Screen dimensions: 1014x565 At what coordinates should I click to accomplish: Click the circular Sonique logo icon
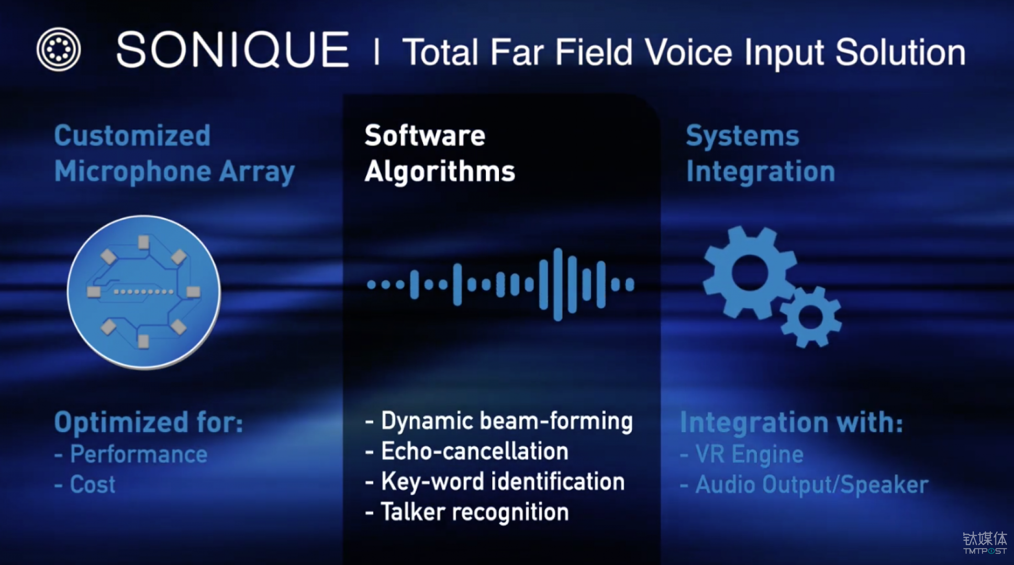59,49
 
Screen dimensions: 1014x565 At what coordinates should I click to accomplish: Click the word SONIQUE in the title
232,50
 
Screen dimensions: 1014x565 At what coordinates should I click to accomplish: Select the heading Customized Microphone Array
174,154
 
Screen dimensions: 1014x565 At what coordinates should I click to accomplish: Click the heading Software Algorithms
440,154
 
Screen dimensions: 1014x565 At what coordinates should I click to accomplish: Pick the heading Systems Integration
760,154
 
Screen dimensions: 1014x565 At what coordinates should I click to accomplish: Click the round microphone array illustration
144,292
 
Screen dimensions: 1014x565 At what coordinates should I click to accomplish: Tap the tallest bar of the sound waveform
558,284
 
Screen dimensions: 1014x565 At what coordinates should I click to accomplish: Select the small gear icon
810,317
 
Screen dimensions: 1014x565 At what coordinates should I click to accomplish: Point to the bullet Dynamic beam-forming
499,422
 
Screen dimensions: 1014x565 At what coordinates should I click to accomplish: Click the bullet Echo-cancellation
466,451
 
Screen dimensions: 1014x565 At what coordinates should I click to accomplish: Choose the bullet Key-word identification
495,482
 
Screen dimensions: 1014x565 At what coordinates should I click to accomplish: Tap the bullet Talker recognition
466,512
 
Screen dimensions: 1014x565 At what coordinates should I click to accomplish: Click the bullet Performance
131,454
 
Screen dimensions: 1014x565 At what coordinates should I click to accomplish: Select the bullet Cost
85,484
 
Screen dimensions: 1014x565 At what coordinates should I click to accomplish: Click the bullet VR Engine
742,454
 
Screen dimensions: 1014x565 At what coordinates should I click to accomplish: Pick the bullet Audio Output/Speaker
804,485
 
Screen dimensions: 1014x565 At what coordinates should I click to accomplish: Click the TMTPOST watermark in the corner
985,543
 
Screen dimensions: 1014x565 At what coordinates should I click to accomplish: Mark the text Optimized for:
149,422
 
